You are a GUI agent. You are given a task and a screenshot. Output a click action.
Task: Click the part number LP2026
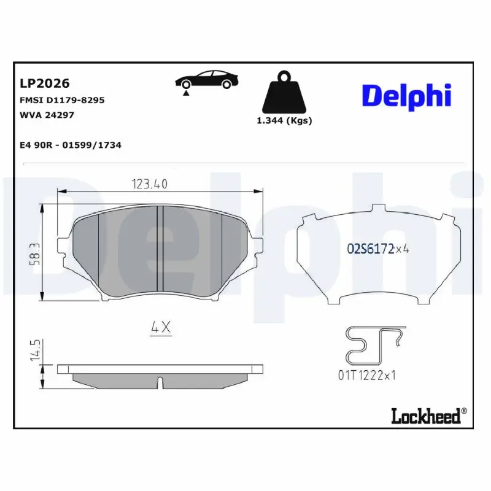(x=45, y=83)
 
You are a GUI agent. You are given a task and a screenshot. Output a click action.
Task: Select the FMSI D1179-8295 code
(x=63, y=99)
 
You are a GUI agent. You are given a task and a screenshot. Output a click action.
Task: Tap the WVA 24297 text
(x=47, y=114)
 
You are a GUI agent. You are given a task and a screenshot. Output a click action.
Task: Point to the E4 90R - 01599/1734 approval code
(x=71, y=145)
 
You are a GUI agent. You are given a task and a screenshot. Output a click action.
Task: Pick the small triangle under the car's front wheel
(x=185, y=92)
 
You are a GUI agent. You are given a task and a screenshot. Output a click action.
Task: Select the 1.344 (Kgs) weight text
(x=284, y=121)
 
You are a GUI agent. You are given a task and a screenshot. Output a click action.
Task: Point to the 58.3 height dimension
(x=34, y=253)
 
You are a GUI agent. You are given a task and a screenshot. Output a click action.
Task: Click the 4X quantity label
(x=161, y=328)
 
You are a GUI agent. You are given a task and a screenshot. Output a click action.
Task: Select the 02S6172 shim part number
(x=370, y=249)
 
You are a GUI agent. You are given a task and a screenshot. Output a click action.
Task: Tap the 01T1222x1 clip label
(x=366, y=375)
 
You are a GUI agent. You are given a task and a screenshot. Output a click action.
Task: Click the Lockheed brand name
(x=425, y=416)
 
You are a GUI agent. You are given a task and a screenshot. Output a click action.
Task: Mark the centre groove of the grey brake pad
(x=158, y=248)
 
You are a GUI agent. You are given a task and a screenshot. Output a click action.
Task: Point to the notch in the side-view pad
(x=159, y=382)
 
